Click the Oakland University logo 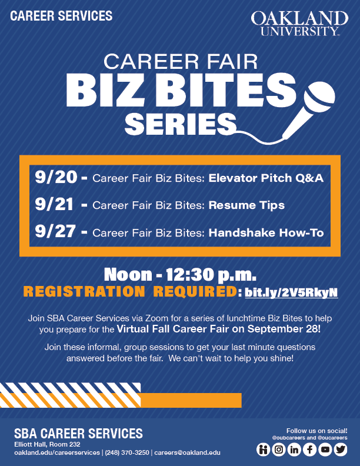coord(299,24)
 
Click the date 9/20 coord(56,177)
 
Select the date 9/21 coord(54,205)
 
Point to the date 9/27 coord(55,231)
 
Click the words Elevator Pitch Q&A coord(266,178)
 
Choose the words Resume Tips coord(246,205)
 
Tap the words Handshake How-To coord(266,232)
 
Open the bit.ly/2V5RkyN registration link coord(291,293)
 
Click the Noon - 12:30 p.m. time coord(180,275)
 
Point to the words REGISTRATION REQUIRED coord(130,292)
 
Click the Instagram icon coord(279,450)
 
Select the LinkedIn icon coord(294,450)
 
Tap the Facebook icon coord(309,450)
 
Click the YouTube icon coord(325,450)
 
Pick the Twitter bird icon coord(341,450)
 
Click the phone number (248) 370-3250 coord(127,452)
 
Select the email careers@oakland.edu coord(188,452)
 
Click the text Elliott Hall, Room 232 coord(47,445)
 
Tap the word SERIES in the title coord(181,124)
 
